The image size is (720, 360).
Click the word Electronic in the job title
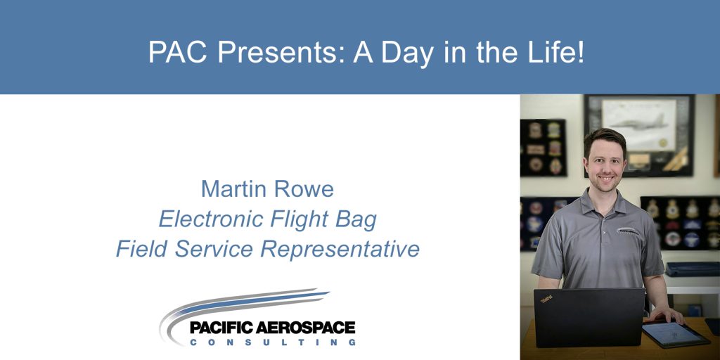point(211,219)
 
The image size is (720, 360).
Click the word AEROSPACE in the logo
point(305,328)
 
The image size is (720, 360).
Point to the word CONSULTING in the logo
point(273,342)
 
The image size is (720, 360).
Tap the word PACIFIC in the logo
point(221,328)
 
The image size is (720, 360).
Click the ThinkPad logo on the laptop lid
point(546,300)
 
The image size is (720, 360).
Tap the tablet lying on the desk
point(676,334)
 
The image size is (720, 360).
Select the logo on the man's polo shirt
point(628,231)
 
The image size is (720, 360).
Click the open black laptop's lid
point(589,317)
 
